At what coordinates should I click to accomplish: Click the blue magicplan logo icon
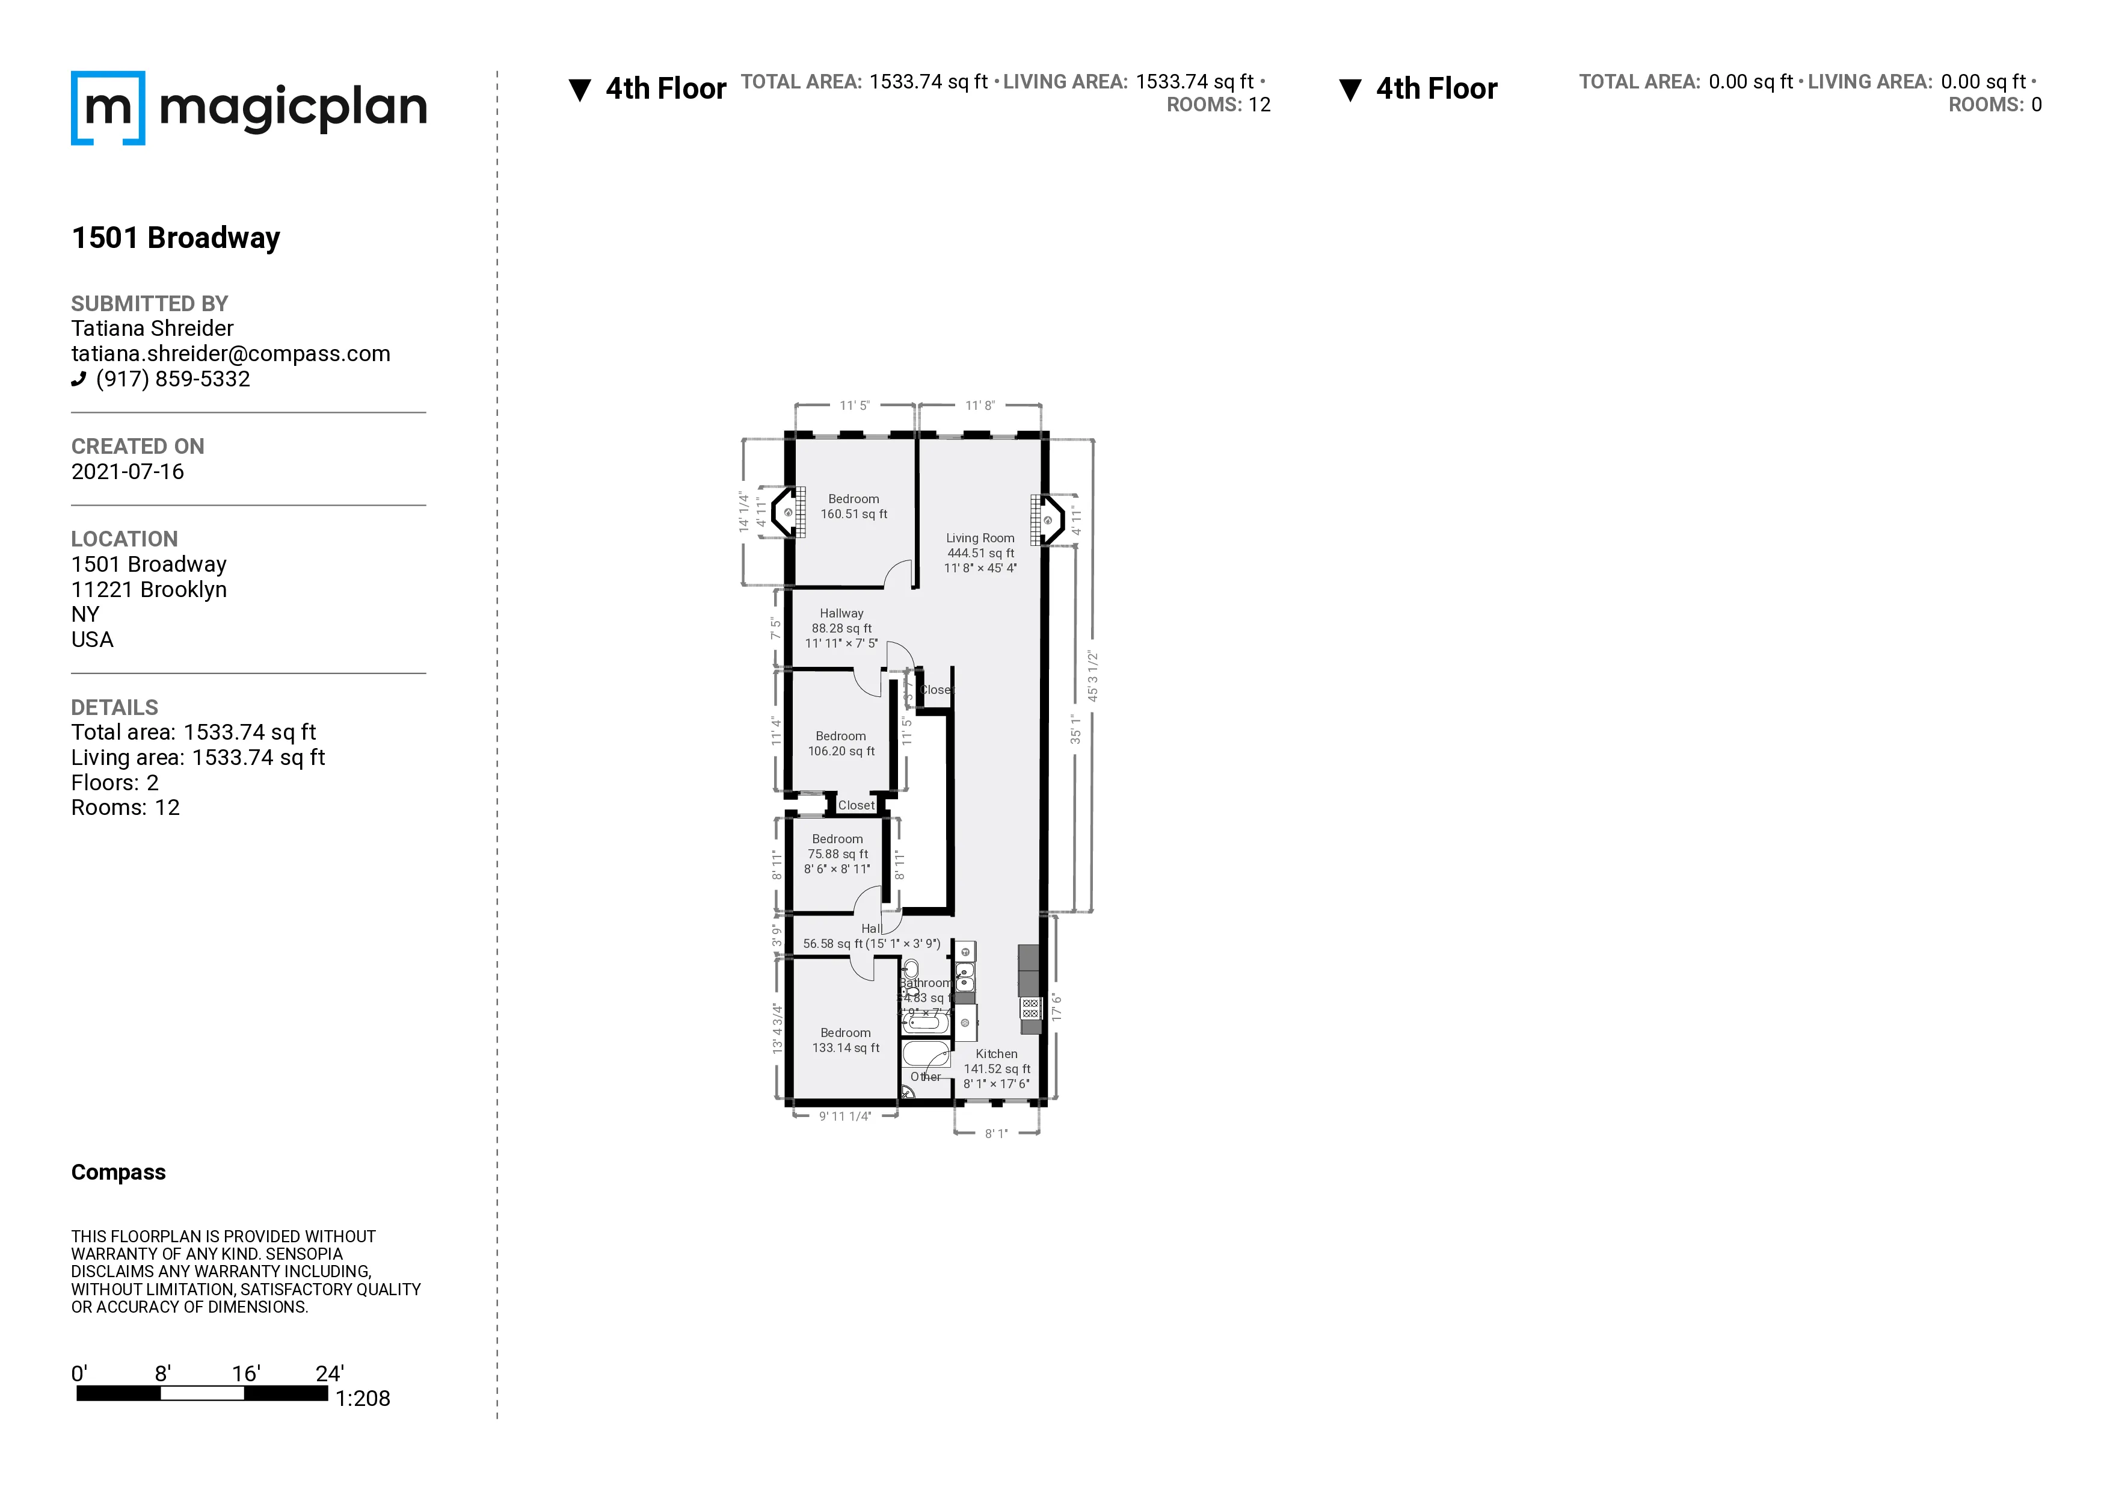point(108,108)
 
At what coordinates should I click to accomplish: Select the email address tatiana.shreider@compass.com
point(230,354)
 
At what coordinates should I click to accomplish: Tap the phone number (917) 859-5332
point(173,379)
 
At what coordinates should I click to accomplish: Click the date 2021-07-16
point(128,472)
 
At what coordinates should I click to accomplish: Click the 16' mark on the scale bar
point(245,1373)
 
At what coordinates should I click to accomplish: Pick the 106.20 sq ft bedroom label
point(841,744)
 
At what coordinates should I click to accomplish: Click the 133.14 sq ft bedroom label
point(846,1040)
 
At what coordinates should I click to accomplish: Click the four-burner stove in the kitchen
point(1030,1008)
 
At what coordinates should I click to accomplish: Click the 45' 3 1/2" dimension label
point(1093,676)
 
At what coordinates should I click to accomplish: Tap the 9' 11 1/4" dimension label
point(844,1116)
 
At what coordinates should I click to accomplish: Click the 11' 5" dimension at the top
point(854,406)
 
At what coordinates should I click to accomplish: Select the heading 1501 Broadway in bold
point(176,238)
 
